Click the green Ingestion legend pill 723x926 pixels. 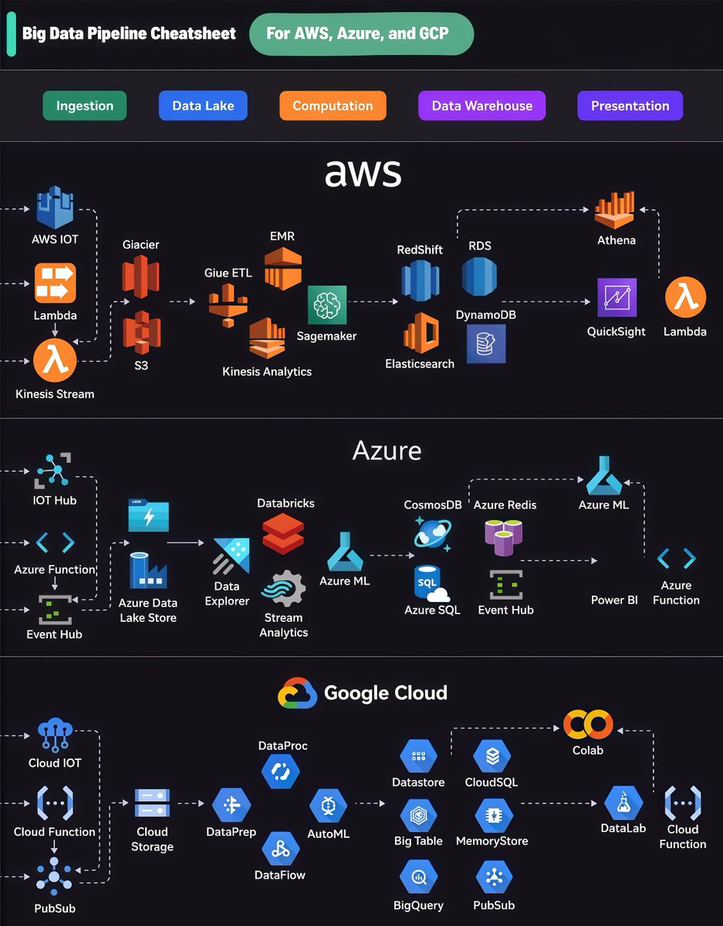[85, 106]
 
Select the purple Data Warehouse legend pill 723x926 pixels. [481, 106]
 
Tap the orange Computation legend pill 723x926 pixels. [333, 106]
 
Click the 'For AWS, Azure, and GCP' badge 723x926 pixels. [361, 34]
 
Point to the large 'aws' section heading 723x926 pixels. [363, 172]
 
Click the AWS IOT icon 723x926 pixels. [55, 207]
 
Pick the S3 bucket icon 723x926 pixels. [141, 331]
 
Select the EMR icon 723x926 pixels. [282, 269]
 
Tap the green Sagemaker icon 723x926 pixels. [326, 305]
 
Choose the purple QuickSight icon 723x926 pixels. [617, 298]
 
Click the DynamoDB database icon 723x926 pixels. [485, 343]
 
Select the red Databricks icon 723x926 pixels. [282, 534]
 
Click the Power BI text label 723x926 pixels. [614, 600]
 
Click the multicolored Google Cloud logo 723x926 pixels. [298, 693]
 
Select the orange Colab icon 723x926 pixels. [588, 724]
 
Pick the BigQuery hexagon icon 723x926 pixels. [419, 877]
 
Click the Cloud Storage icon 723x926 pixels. [152, 804]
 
